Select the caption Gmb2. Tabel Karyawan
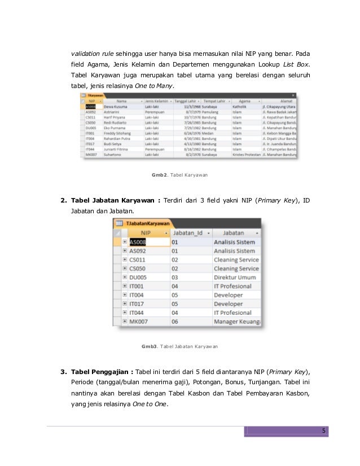pos(179,175)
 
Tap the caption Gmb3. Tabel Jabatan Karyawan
pos(179,346)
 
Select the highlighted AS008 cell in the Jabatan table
pos(141,242)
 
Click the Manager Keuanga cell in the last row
pos(237,322)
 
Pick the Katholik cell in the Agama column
pos(242,106)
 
